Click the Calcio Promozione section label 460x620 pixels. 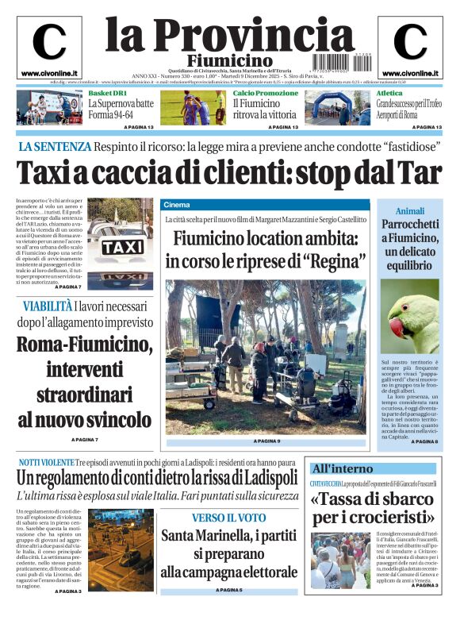(266, 93)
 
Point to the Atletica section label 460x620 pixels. (389, 93)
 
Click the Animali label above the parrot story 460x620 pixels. (410, 211)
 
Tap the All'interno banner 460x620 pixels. (342, 468)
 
